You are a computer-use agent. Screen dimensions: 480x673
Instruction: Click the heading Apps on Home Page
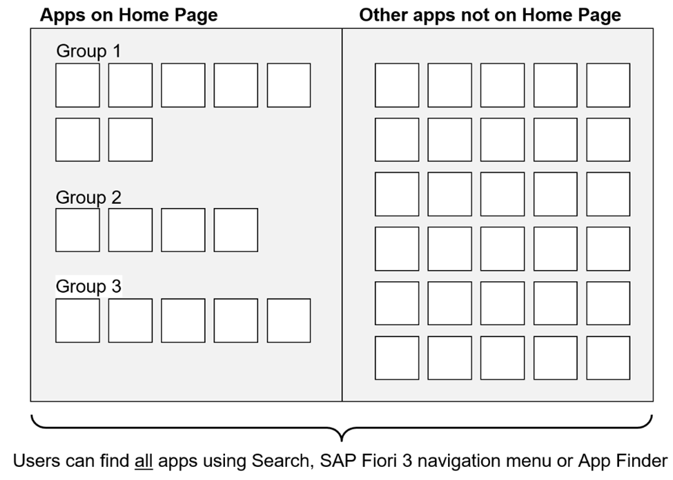(128, 15)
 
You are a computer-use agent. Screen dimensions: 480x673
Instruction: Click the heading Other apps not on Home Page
(489, 15)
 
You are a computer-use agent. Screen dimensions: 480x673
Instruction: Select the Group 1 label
(88, 51)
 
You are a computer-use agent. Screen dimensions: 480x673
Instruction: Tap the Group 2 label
(88, 197)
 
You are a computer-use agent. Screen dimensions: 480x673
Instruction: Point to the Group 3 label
(88, 287)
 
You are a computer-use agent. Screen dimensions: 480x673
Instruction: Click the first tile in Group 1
(77, 85)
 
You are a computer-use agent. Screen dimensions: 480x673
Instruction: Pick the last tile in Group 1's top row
(289, 85)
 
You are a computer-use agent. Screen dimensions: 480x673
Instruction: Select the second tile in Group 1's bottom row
(130, 139)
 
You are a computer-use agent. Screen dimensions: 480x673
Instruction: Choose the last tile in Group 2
(235, 230)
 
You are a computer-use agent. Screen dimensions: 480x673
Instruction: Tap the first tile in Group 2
(77, 230)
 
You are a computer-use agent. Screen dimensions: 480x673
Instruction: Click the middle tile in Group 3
(183, 320)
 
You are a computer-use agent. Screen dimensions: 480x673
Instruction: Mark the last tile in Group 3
(289, 320)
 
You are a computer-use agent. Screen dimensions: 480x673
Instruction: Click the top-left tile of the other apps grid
(396, 85)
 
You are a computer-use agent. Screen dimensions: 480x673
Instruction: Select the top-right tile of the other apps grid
(608, 85)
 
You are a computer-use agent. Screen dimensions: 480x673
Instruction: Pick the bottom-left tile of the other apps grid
(396, 358)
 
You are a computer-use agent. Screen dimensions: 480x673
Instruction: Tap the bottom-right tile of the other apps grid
(608, 358)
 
